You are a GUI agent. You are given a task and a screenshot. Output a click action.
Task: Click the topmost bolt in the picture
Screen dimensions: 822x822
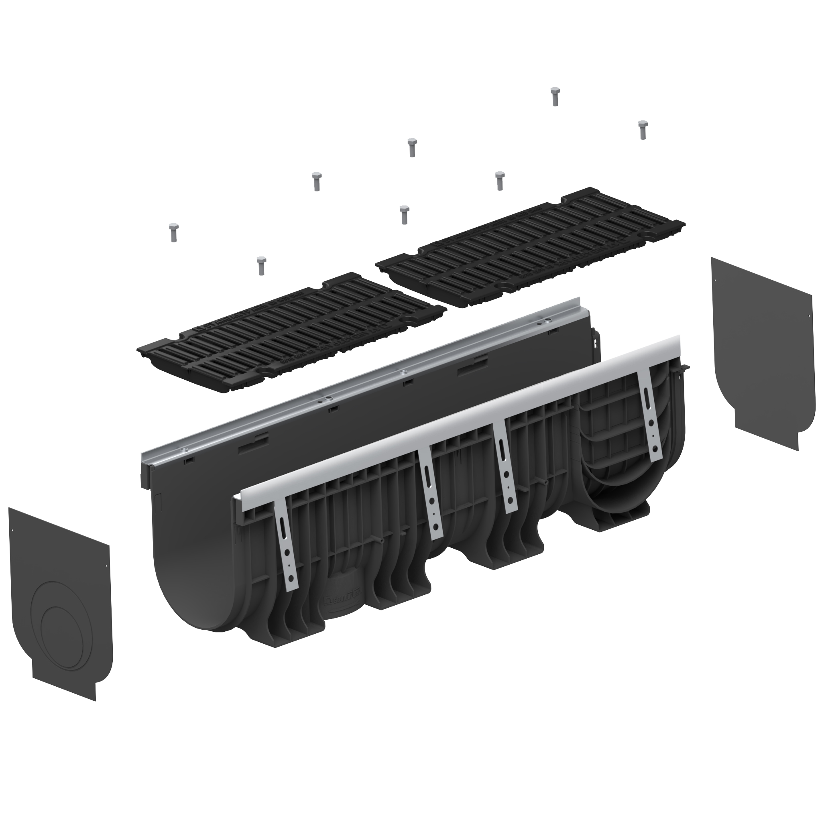click(x=554, y=96)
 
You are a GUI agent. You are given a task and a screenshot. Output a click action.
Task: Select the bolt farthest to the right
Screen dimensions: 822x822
click(x=643, y=129)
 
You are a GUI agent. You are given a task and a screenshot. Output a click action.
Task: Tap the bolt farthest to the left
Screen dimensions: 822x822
click(x=173, y=232)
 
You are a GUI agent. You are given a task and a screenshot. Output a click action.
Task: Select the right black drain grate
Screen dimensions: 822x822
click(x=530, y=248)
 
